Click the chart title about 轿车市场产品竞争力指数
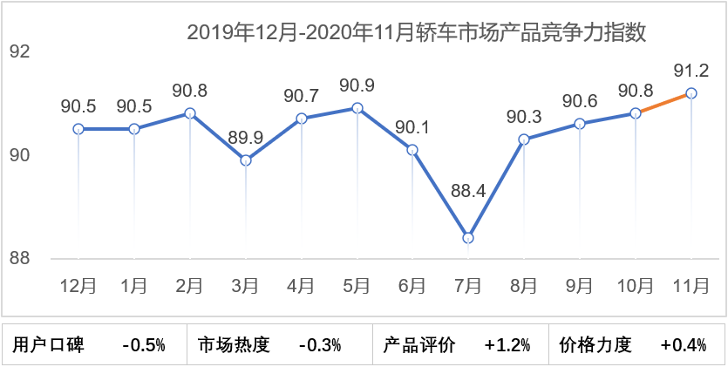coord(417,34)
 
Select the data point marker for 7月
coord(468,237)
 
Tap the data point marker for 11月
coord(691,92)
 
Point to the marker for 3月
coord(246,160)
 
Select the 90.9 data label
coord(357,86)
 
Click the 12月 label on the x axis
coord(78,285)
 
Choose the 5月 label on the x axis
coord(357,285)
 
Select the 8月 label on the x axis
coord(524,285)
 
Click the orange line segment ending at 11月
coord(663,103)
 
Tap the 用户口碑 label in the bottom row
coord(49,344)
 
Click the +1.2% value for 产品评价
coord(507,344)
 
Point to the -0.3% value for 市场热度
coord(319,344)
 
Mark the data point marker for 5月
coord(357,108)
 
